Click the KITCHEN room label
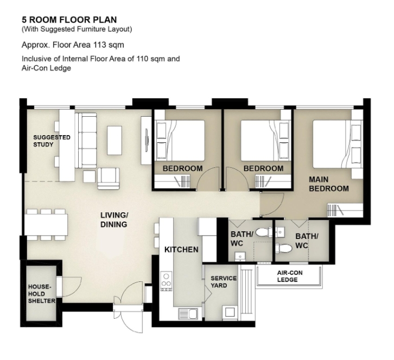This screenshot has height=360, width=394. tap(181, 250)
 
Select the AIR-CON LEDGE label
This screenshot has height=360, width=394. tap(289, 276)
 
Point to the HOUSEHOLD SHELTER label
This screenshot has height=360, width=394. tap(41, 294)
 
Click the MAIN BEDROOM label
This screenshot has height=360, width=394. tap(329, 184)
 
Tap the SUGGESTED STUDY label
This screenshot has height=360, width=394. tap(52, 141)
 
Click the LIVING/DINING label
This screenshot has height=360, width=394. tap(115, 220)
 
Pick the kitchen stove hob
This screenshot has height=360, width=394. tap(166, 281)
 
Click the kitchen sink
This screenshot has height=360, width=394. tap(188, 313)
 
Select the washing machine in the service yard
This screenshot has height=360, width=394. tap(230, 313)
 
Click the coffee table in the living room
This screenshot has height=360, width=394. tap(115, 140)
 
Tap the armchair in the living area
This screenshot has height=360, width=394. tap(109, 179)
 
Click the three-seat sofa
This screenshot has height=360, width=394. tap(86, 140)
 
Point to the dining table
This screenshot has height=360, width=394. tap(46, 224)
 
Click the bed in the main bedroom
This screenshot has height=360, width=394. tap(338, 144)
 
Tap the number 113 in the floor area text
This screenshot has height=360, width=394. tap(100, 45)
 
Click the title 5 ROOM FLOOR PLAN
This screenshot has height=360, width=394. tap(69, 20)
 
